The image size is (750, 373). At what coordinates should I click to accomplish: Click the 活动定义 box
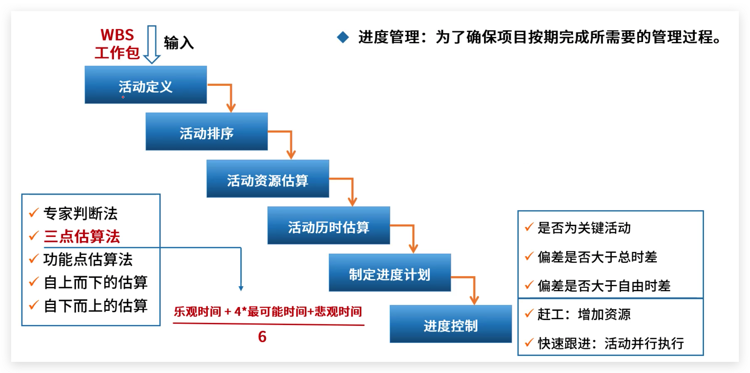(x=145, y=85)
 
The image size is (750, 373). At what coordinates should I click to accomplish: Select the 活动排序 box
(x=206, y=131)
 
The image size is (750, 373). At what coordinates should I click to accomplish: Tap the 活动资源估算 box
(x=268, y=179)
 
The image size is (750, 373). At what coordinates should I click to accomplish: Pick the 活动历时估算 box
(x=329, y=225)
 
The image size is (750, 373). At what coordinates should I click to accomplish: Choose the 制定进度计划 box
(x=389, y=273)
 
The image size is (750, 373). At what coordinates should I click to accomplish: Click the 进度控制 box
(x=450, y=324)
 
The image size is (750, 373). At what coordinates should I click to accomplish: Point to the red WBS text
(x=117, y=35)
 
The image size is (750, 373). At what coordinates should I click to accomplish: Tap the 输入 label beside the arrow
(x=179, y=43)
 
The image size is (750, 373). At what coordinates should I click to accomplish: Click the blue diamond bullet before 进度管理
(x=343, y=38)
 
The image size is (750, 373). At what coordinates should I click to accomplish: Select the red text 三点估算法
(x=82, y=236)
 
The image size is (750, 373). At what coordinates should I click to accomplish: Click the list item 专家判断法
(x=80, y=213)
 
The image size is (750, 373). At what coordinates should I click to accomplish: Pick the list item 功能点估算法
(x=88, y=259)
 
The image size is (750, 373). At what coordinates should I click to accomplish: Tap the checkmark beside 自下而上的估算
(x=33, y=305)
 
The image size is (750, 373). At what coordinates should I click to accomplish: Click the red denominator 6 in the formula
(x=262, y=337)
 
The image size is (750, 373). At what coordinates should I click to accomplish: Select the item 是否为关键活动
(x=584, y=228)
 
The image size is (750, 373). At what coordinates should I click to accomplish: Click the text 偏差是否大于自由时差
(x=604, y=286)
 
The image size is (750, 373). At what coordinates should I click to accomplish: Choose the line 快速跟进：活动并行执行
(x=611, y=343)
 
